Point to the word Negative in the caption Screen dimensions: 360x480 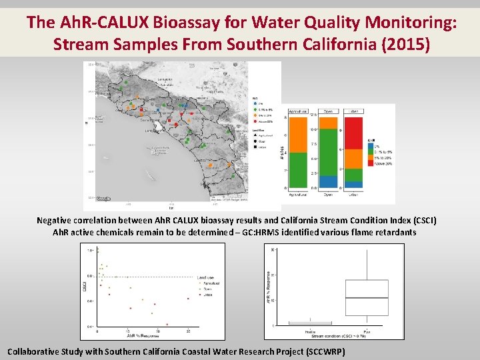pyautogui.click(x=59, y=221)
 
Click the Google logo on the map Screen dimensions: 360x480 pyautogui.click(x=104, y=199)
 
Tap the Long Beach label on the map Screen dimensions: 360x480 pyautogui.click(x=152, y=131)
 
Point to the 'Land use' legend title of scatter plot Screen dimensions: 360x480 pyautogui.click(x=207, y=277)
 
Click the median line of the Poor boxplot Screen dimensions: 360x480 pyautogui.click(x=366, y=298)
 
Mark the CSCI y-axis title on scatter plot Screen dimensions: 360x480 pyautogui.click(x=86, y=286)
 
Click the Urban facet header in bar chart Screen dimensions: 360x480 pyautogui.click(x=353, y=111)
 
